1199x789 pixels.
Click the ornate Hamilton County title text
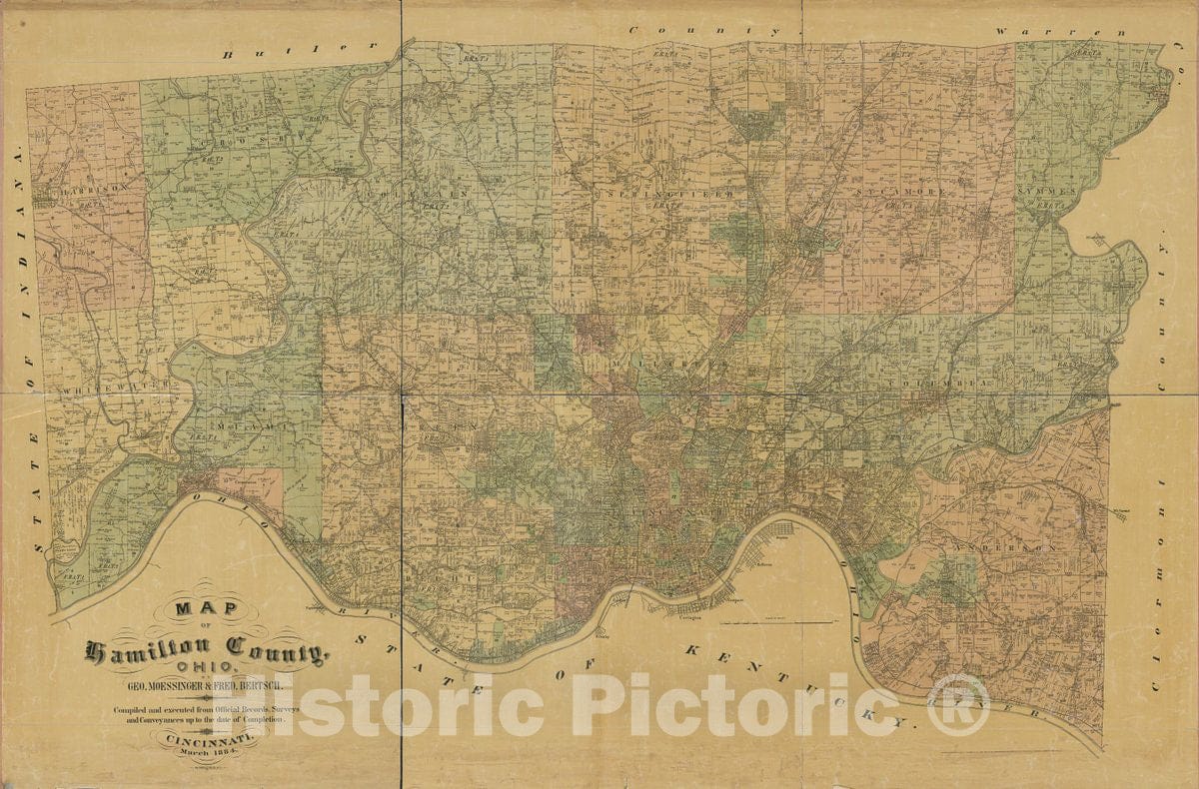click(x=205, y=652)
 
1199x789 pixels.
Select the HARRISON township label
click(x=94, y=187)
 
